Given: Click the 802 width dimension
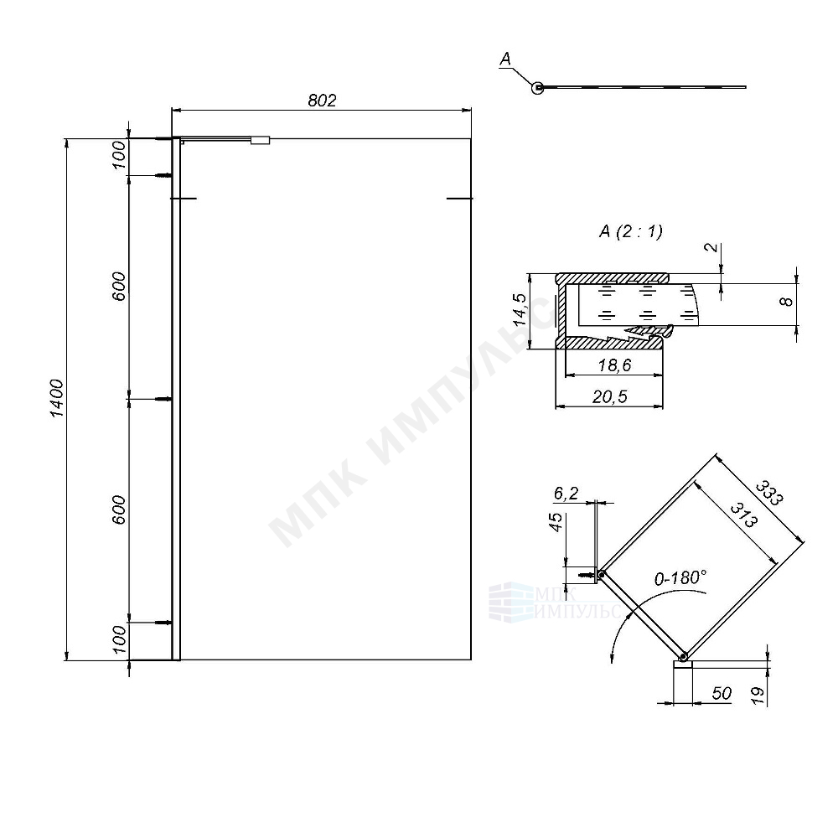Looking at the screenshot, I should point(322,101).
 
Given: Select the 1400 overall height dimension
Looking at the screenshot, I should point(56,399).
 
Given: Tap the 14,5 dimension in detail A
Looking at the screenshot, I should point(520,310).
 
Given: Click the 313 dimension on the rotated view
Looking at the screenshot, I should point(742,513).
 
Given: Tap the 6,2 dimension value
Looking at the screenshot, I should point(566,494).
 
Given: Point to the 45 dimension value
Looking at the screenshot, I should point(555,523).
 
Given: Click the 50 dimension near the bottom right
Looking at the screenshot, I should point(722,693).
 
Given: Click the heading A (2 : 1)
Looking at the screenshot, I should point(631,232).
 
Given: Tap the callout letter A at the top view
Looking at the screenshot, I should point(504,59).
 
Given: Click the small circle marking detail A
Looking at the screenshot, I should point(536,86).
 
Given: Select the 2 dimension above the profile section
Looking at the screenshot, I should point(709,248).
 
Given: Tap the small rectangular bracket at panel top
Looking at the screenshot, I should point(261,142).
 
